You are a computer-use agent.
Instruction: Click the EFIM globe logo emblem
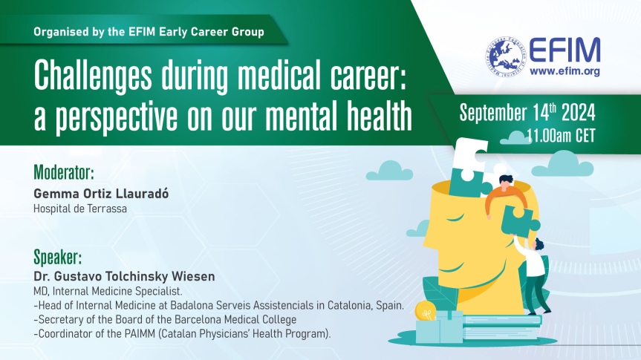coord(506,56)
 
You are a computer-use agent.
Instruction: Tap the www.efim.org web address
coord(565,71)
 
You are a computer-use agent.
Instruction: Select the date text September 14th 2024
coord(527,112)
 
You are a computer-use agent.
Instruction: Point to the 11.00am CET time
coord(561,136)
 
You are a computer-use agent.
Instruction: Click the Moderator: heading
coord(64,172)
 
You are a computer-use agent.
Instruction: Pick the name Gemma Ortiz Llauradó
coord(101,193)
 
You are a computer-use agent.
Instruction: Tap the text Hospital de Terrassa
coord(80,209)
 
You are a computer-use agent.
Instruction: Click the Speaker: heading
coord(58,258)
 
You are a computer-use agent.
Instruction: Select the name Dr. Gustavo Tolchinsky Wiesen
coord(124,277)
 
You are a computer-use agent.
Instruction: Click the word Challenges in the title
coord(93,76)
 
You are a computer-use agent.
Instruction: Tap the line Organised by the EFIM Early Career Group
coord(149,32)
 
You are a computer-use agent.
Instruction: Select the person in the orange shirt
coord(505,196)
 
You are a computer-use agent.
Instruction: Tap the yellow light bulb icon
coord(425,311)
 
